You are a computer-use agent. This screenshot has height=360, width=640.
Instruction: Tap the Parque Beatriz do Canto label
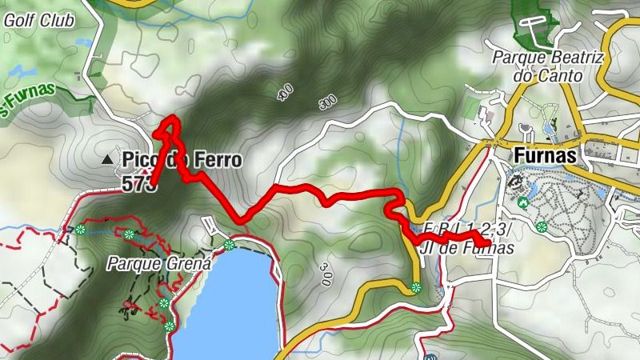click(x=537, y=66)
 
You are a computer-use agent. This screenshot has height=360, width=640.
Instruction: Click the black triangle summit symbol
click(x=107, y=160)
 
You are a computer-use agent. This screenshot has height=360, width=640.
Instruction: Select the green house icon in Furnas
click(x=523, y=203)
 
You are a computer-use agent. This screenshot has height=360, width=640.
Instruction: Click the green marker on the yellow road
click(x=416, y=288)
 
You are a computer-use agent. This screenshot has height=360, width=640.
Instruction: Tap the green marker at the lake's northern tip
click(x=230, y=245)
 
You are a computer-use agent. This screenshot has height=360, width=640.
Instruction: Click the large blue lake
click(x=228, y=304)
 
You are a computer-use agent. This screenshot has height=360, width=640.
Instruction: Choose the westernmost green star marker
click(x=81, y=230)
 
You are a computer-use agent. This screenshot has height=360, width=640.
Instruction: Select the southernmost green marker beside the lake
click(x=169, y=326)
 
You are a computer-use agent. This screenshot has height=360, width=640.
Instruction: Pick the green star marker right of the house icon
click(x=542, y=227)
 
